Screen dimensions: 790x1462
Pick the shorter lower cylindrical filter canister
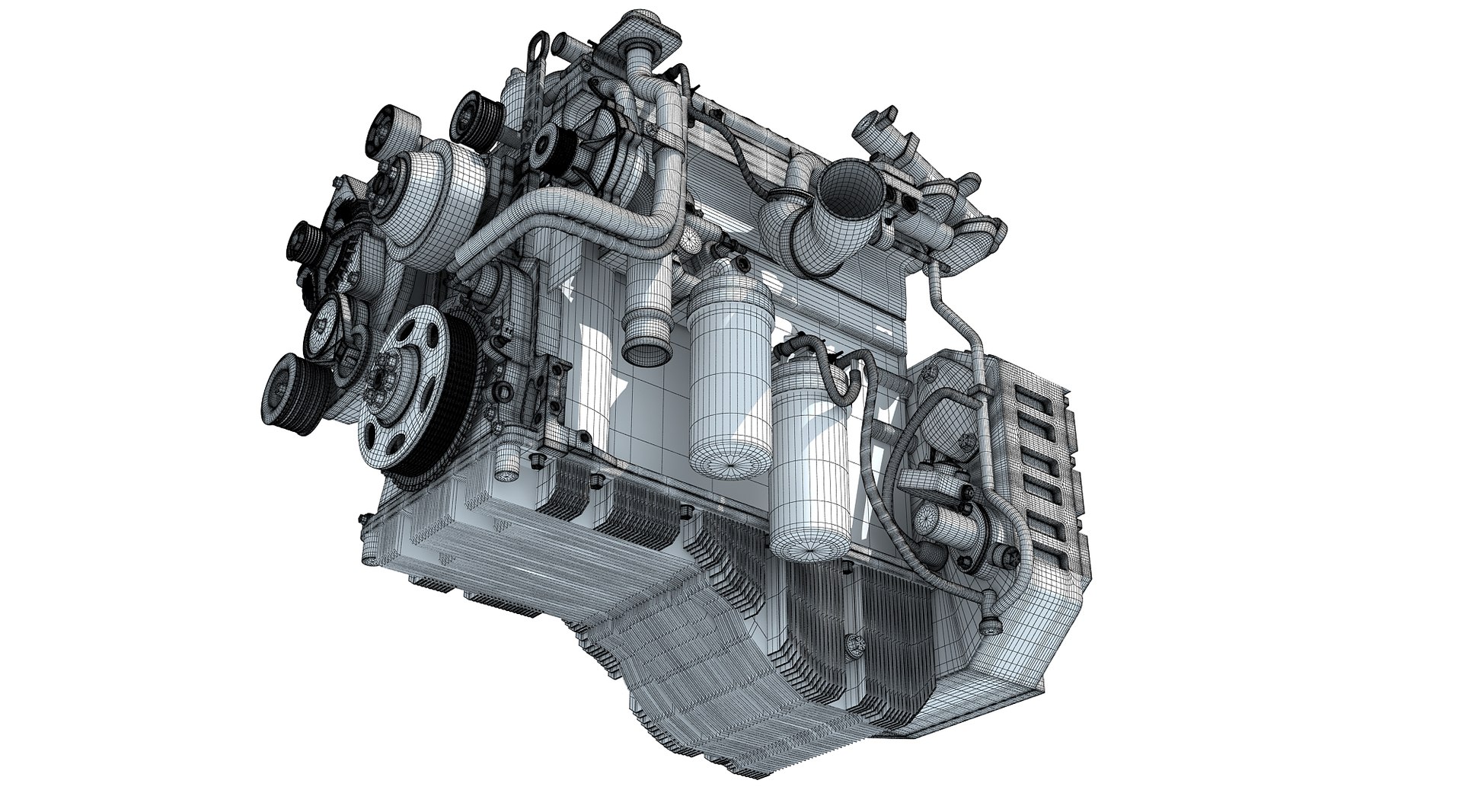point(809,457)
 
